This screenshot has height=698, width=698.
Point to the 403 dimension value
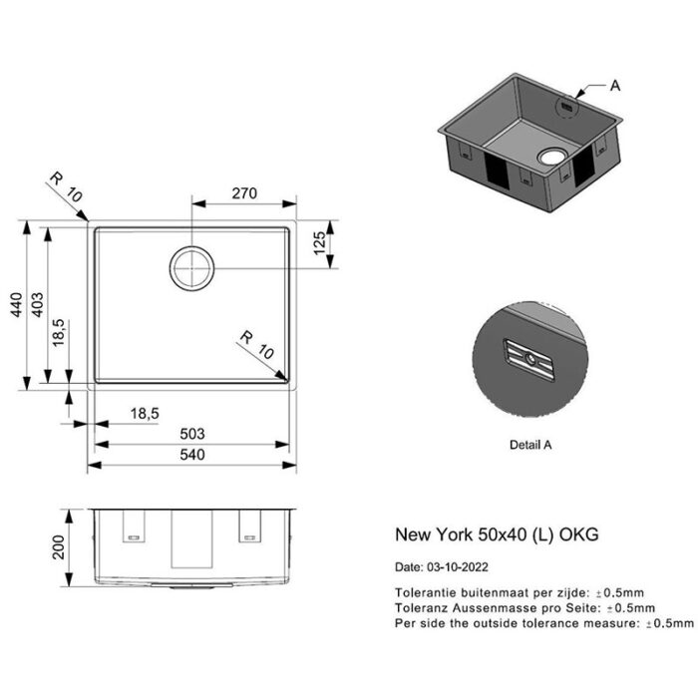coord(37,303)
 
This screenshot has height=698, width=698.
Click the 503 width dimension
coord(192,433)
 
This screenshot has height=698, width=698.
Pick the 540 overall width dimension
coord(192,455)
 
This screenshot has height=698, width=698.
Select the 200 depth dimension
coord(60,546)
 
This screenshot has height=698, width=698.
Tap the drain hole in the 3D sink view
coord(550,157)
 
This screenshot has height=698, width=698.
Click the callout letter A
coord(615,86)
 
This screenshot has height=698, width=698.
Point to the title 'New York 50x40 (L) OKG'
coord(498,534)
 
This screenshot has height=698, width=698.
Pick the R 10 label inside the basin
coord(256,344)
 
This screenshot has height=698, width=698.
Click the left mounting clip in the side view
coord(132,528)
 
